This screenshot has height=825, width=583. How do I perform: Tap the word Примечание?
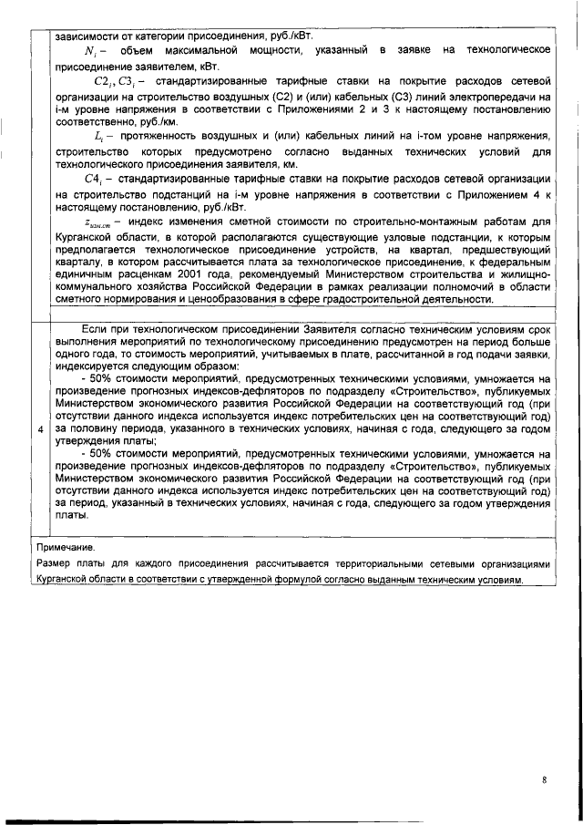65,549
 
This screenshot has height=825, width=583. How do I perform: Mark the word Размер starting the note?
54,564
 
